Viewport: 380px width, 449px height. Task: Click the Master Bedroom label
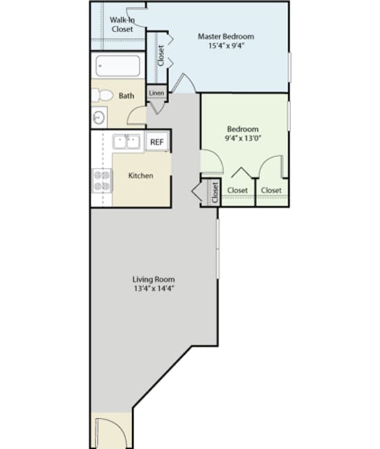pyautogui.click(x=226, y=36)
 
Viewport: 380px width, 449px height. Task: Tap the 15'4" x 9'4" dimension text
pyautogui.click(x=226, y=47)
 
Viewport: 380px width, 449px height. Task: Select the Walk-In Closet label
pyautogui.click(x=121, y=24)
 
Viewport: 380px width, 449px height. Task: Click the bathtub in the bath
pyautogui.click(x=117, y=67)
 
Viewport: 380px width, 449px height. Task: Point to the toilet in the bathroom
pyautogui.click(x=102, y=95)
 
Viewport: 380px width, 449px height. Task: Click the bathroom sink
pyautogui.click(x=98, y=118)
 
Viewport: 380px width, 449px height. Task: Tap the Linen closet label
pyautogui.click(x=156, y=93)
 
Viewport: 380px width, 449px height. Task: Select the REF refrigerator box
pyautogui.click(x=156, y=141)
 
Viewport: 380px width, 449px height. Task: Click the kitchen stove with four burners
pyautogui.click(x=102, y=180)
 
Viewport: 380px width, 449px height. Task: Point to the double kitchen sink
pyautogui.click(x=127, y=141)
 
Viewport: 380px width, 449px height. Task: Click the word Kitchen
pyautogui.click(x=141, y=176)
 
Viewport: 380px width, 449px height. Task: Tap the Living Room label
pyautogui.click(x=153, y=279)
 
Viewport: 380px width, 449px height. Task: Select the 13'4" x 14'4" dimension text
pyautogui.click(x=153, y=289)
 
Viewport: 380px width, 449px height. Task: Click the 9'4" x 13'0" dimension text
pyautogui.click(x=242, y=139)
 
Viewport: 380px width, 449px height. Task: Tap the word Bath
pyautogui.click(x=126, y=96)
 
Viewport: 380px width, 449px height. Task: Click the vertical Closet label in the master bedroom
pyautogui.click(x=160, y=55)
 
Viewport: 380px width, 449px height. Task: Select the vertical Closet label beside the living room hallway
pyautogui.click(x=214, y=192)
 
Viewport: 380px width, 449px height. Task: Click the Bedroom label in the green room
pyautogui.click(x=242, y=129)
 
